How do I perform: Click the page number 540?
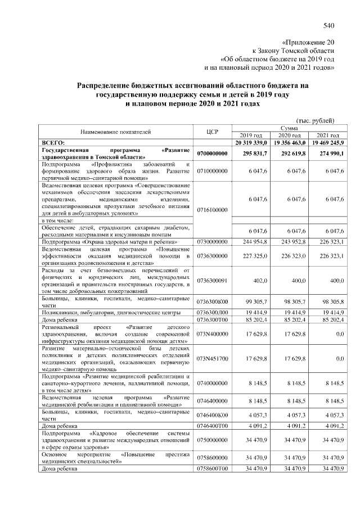point(329,24)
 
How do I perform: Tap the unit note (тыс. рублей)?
point(315,120)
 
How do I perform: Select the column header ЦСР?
point(212,132)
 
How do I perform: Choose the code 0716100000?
point(212,210)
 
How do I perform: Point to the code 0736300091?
point(212,280)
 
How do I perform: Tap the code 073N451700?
point(212,358)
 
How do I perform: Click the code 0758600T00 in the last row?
point(212,468)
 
